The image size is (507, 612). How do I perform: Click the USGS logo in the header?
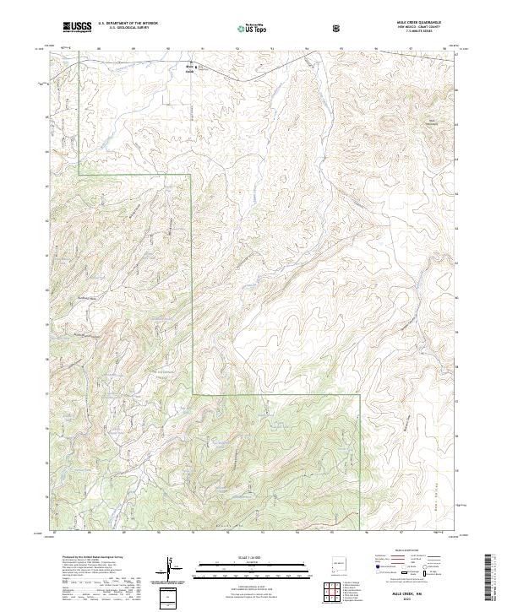[78, 27]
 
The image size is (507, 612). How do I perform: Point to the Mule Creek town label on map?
[189, 68]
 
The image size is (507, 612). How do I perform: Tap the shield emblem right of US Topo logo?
[338, 28]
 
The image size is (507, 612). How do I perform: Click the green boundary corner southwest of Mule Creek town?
[79, 174]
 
